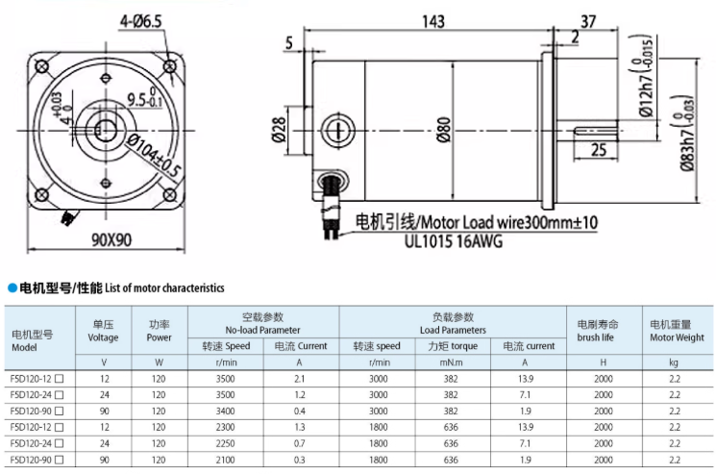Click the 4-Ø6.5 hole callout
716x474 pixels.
point(141,21)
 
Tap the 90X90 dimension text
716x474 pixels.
point(111,239)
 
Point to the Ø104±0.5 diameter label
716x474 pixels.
point(155,156)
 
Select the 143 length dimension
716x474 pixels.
point(432,21)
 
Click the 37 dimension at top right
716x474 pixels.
point(588,21)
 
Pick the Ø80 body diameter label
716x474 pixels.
point(444,130)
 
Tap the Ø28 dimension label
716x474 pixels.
point(279,130)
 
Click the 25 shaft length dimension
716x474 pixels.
point(599,149)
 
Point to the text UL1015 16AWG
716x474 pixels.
point(454,241)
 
